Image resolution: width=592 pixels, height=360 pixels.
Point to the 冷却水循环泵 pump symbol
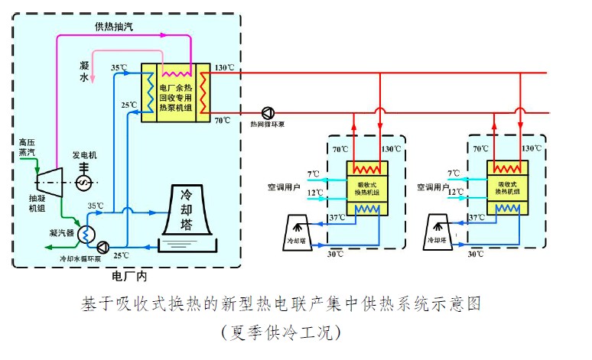[x=102, y=246]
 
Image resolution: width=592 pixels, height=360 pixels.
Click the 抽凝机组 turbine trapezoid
[x=48, y=180]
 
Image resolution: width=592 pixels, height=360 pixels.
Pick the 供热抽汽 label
[x=114, y=26]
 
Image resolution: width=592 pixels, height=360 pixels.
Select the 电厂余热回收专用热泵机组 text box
[x=177, y=94]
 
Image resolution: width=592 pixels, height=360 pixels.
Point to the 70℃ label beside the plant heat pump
[x=222, y=120]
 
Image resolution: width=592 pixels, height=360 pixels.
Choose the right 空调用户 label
[x=433, y=186]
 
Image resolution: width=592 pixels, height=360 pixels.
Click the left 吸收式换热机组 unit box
[x=368, y=189]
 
